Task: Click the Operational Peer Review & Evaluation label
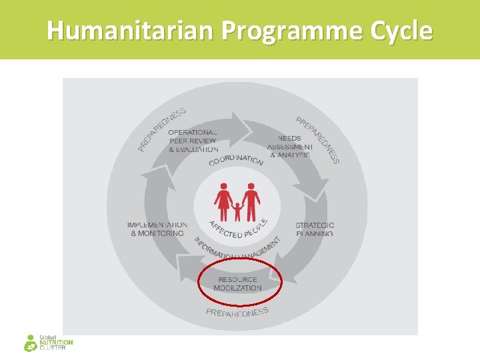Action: pos(192,141)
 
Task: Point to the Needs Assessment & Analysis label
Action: pos(290,147)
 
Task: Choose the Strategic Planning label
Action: pos(315,229)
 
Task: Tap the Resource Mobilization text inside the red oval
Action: pos(238,284)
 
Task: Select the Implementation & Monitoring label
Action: pos(157,229)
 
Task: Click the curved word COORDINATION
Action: pos(236,161)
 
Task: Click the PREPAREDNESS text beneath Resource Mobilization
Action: pos(237,312)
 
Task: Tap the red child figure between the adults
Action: pos(237,211)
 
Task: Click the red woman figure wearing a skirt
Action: pos(222,199)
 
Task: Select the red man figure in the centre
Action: pos(251,199)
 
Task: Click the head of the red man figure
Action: pos(251,186)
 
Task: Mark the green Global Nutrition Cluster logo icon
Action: pos(31,343)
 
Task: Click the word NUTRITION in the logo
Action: pos(57,343)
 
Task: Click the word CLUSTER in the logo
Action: pos(53,348)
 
